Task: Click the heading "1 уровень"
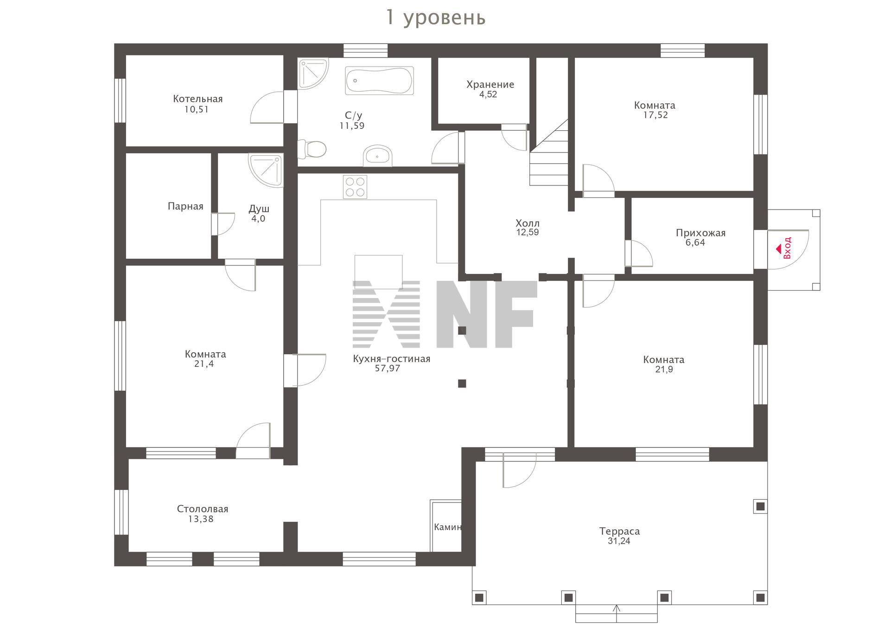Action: (436, 18)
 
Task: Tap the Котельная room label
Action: (198, 99)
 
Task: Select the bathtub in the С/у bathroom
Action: (379, 81)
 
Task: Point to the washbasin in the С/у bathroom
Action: (378, 155)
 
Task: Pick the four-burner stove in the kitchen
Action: (355, 187)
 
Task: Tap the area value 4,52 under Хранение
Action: (488, 94)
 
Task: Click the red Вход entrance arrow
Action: (778, 249)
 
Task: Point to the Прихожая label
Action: (700, 233)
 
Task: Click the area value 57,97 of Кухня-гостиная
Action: (388, 369)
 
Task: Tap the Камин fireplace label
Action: (448, 527)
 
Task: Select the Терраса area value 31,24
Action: (619, 541)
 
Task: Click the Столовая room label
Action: (203, 509)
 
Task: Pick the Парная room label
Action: (185, 206)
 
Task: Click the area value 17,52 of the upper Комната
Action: (655, 115)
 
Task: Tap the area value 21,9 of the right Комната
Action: (664, 369)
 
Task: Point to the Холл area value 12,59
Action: (528, 232)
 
